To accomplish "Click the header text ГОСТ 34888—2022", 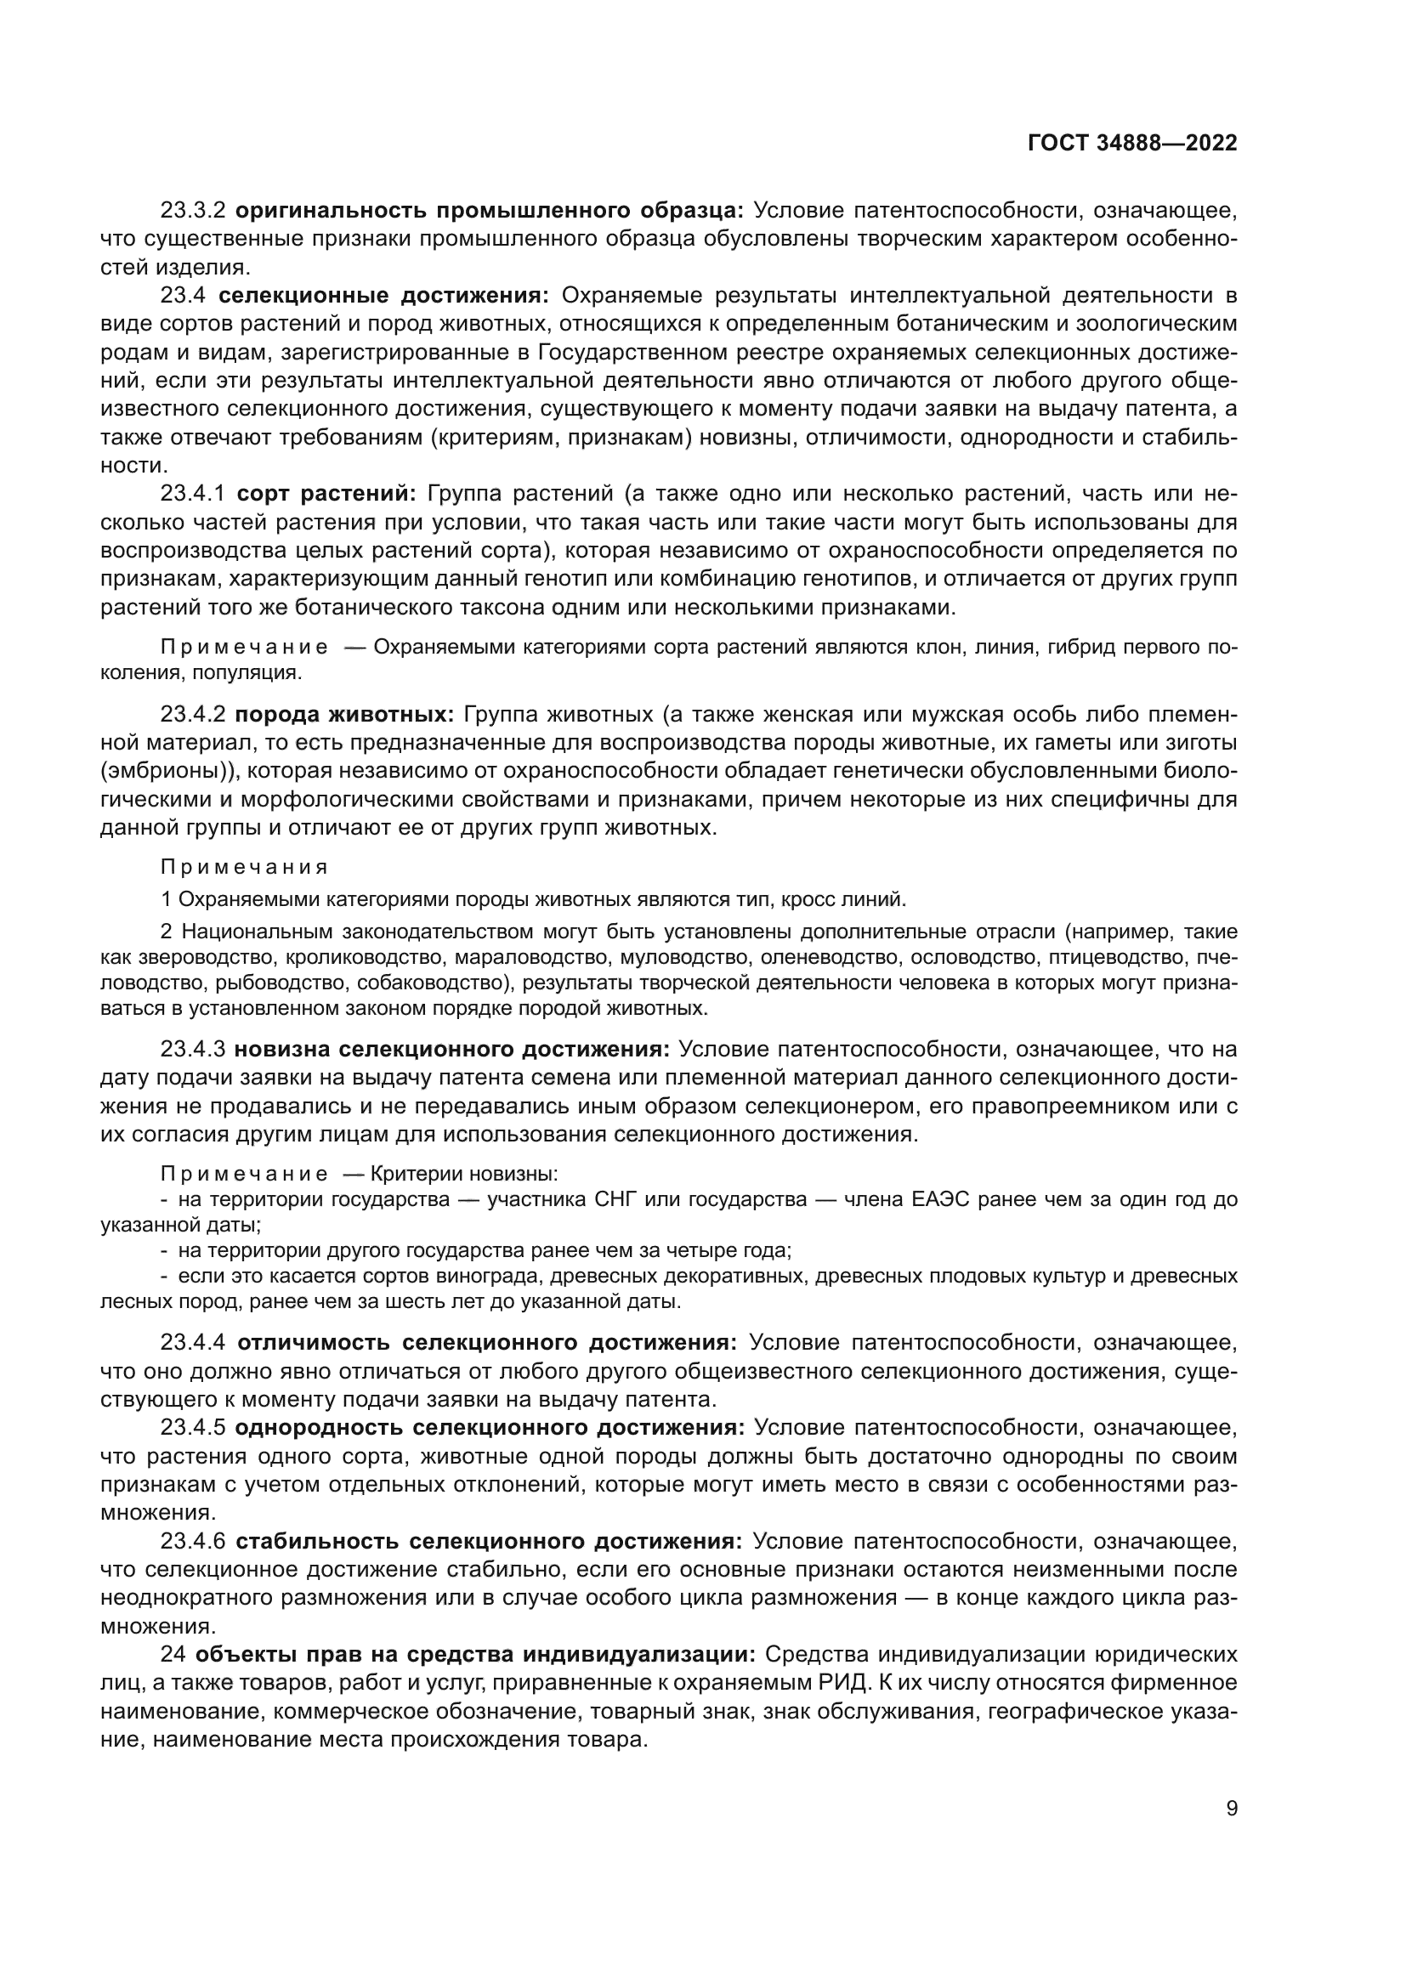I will pos(1132,143).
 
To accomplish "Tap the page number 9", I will pos(1232,1832).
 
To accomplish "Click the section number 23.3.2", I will pos(192,211).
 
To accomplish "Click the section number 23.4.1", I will pos(192,495).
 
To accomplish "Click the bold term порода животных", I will pos(344,715).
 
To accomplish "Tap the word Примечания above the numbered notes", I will pos(245,867).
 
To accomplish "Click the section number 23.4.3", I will pos(192,1050).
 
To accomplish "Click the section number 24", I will pos(173,1655).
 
